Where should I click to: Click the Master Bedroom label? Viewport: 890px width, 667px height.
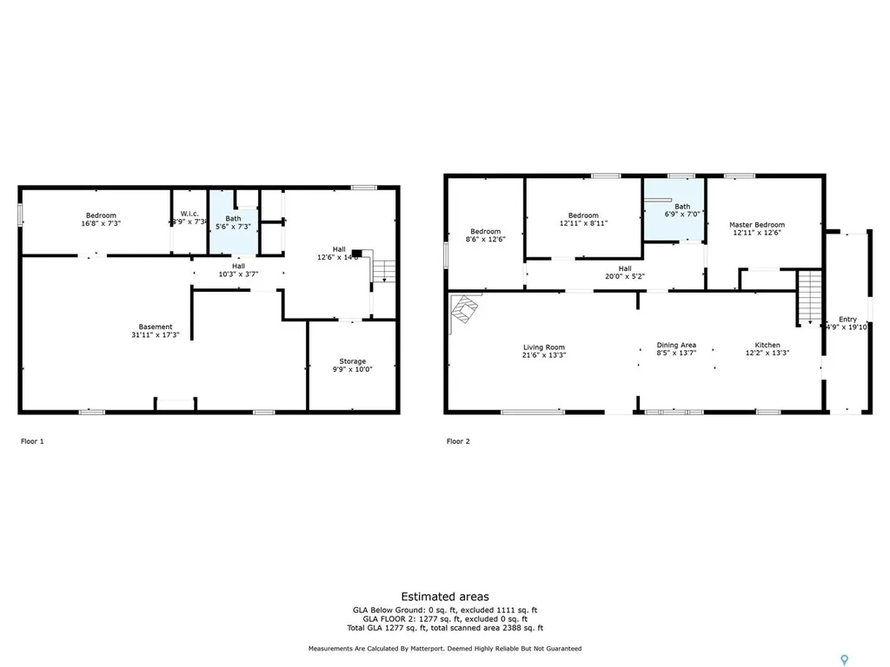(756, 225)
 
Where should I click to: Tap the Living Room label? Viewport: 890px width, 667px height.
(543, 347)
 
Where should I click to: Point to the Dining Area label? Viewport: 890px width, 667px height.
(675, 345)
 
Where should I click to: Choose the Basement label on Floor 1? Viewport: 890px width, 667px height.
(152, 327)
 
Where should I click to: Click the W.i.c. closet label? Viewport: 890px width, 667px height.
(190, 214)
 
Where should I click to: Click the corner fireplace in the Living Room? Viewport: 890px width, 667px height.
(465, 311)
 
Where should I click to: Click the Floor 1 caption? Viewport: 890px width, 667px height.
(32, 441)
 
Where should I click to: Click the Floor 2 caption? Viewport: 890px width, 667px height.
(458, 441)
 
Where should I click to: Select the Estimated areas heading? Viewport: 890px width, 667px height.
(444, 597)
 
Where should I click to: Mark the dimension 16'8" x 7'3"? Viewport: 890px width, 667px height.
(101, 223)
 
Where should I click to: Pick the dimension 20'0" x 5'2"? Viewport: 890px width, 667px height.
(625, 276)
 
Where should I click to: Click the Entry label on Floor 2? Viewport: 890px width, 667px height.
(847, 319)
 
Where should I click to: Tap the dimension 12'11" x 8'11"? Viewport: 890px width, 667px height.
(583, 223)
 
